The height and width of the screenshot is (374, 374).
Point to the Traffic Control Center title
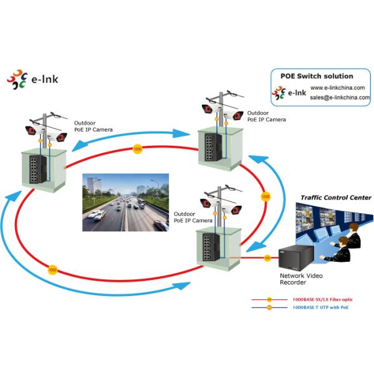[x=336, y=198]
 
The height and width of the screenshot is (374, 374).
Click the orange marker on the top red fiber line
[x=137, y=149]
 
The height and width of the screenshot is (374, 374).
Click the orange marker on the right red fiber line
[x=265, y=196]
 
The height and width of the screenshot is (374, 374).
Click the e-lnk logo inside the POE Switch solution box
[x=288, y=93]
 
